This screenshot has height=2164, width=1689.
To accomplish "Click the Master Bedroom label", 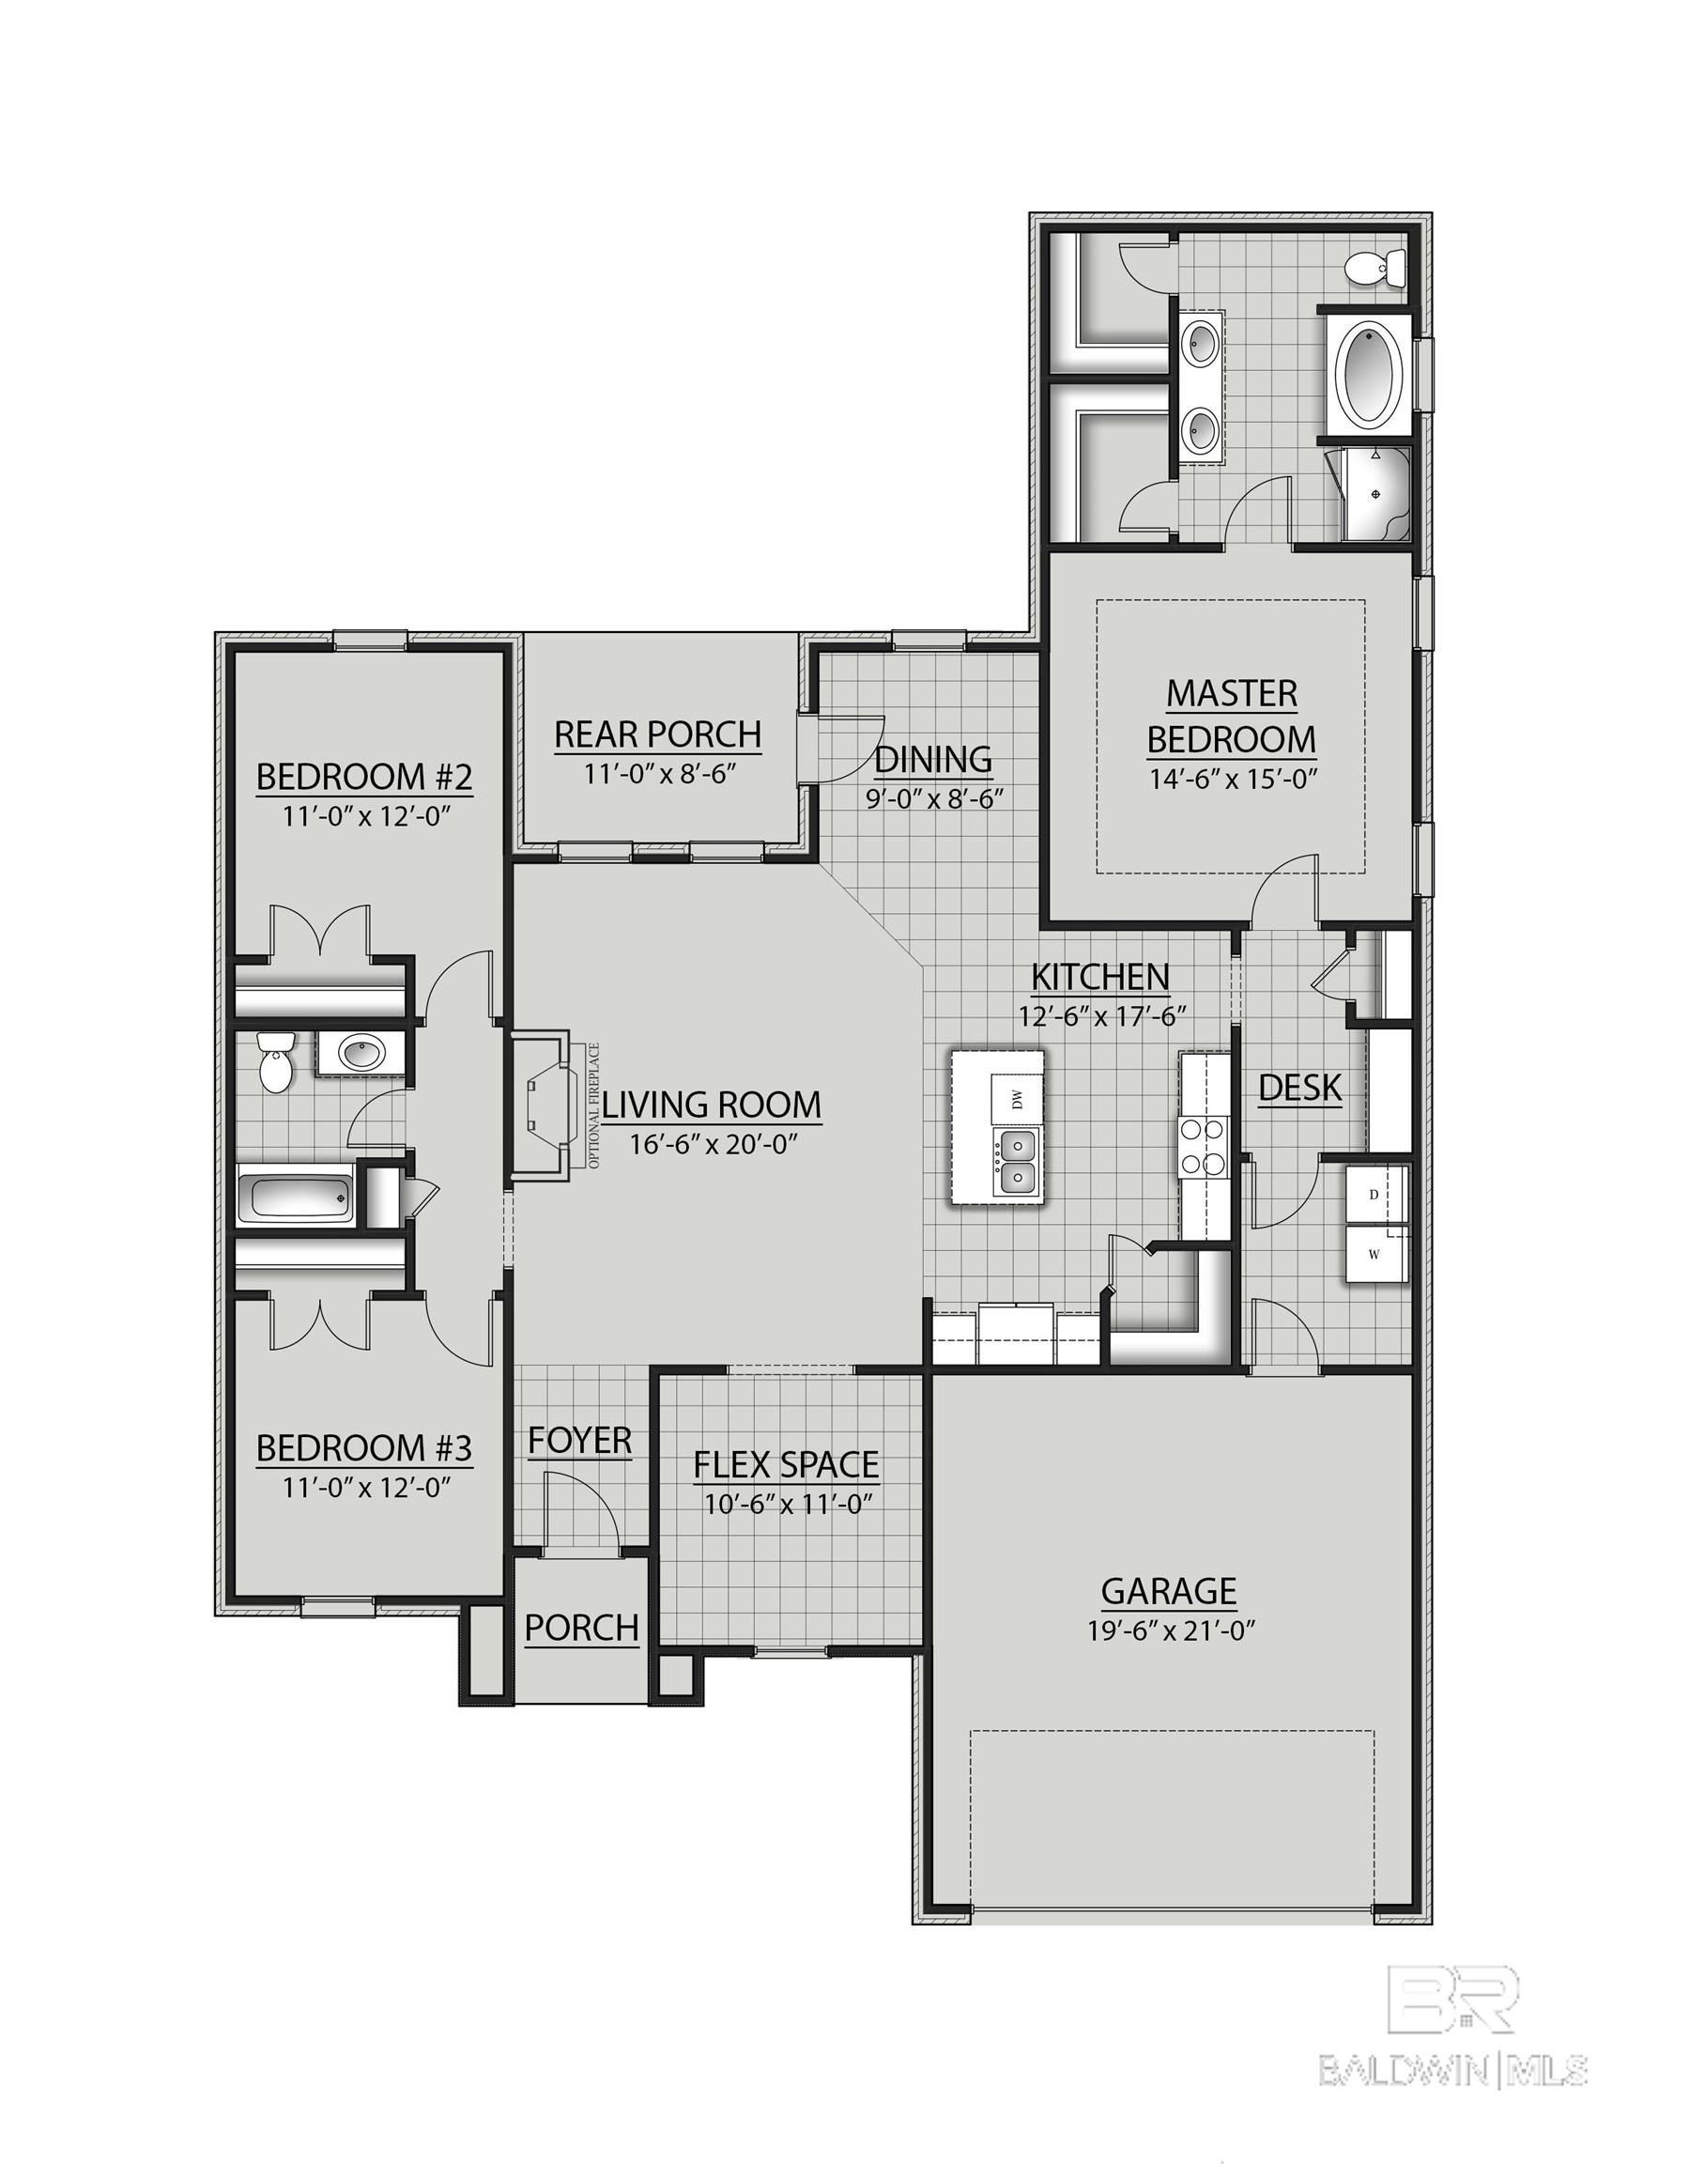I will coord(1232,717).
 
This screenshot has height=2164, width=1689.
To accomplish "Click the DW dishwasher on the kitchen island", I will coord(1017,1098).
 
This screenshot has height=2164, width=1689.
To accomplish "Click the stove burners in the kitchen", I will coord(1204,1146).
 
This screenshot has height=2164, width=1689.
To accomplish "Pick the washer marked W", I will coord(1374,1255).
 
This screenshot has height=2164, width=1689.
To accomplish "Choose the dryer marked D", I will coord(1374,1195).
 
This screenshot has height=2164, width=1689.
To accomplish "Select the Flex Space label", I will coord(786,1464).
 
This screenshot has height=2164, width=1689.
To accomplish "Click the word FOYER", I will coord(579,1441).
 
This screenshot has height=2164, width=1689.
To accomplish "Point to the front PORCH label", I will coord(581,1627).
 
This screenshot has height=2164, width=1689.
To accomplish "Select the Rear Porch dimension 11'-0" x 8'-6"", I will coord(658,774).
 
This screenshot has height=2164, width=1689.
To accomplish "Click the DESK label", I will coord(1299,1088).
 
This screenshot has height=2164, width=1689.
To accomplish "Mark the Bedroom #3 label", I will coord(363,1448).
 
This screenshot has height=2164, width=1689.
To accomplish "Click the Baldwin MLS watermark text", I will coord(1452,2040).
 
